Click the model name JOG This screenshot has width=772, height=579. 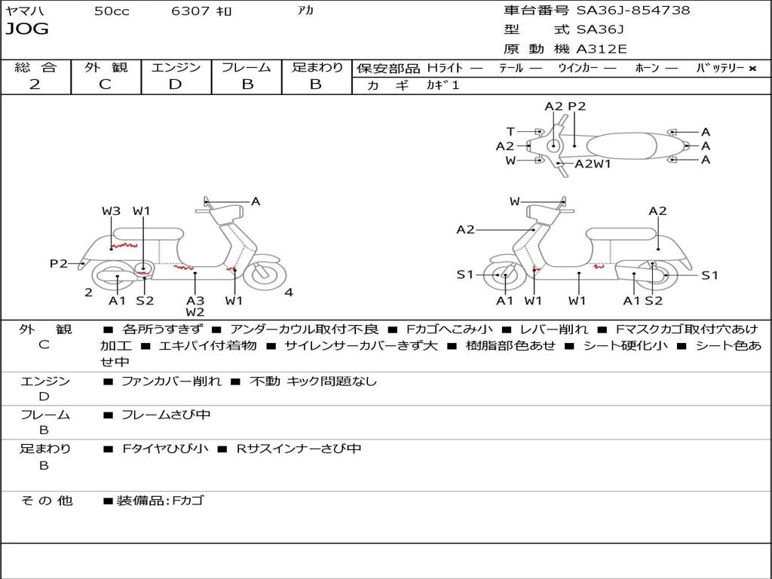coord(27,29)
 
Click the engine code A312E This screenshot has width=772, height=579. coord(601,50)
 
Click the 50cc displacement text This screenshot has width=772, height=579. coord(112,11)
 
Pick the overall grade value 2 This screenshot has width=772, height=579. coord(35,84)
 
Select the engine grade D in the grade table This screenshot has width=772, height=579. coord(175,84)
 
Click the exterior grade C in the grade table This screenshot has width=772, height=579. coord(105,84)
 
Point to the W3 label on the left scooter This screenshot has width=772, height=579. coord(111,211)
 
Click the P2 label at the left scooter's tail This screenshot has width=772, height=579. coord(58,263)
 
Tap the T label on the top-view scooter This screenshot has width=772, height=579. coord(510,131)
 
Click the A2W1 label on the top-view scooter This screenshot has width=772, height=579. coord(593,164)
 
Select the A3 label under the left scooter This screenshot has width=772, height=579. coord(195,301)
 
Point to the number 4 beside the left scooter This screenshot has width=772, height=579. coord(289,293)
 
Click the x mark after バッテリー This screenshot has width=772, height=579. coord(752,68)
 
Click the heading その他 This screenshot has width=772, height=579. coord(47,501)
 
